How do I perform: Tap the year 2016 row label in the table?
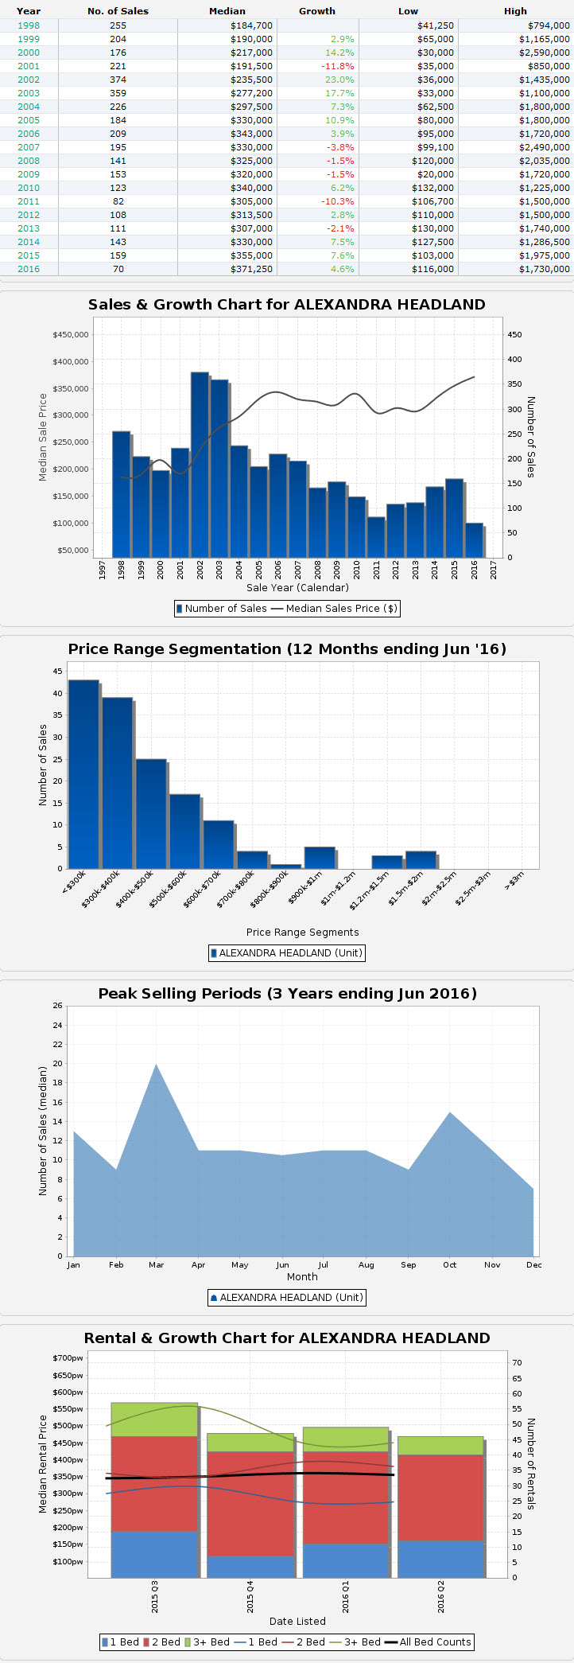(x=29, y=269)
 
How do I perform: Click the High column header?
(x=515, y=11)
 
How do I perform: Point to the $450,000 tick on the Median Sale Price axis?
(x=71, y=334)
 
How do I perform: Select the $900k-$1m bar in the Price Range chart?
(x=320, y=858)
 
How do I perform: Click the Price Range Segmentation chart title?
(x=287, y=649)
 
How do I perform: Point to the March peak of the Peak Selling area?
(x=156, y=1066)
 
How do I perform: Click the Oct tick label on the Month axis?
(x=450, y=1264)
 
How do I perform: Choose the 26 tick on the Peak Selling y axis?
(x=57, y=1006)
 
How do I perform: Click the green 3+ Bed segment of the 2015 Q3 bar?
(x=154, y=1420)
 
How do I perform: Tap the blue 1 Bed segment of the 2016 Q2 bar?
(x=440, y=1559)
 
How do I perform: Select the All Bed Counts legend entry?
(x=428, y=1642)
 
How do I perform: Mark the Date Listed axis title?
(x=297, y=1621)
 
